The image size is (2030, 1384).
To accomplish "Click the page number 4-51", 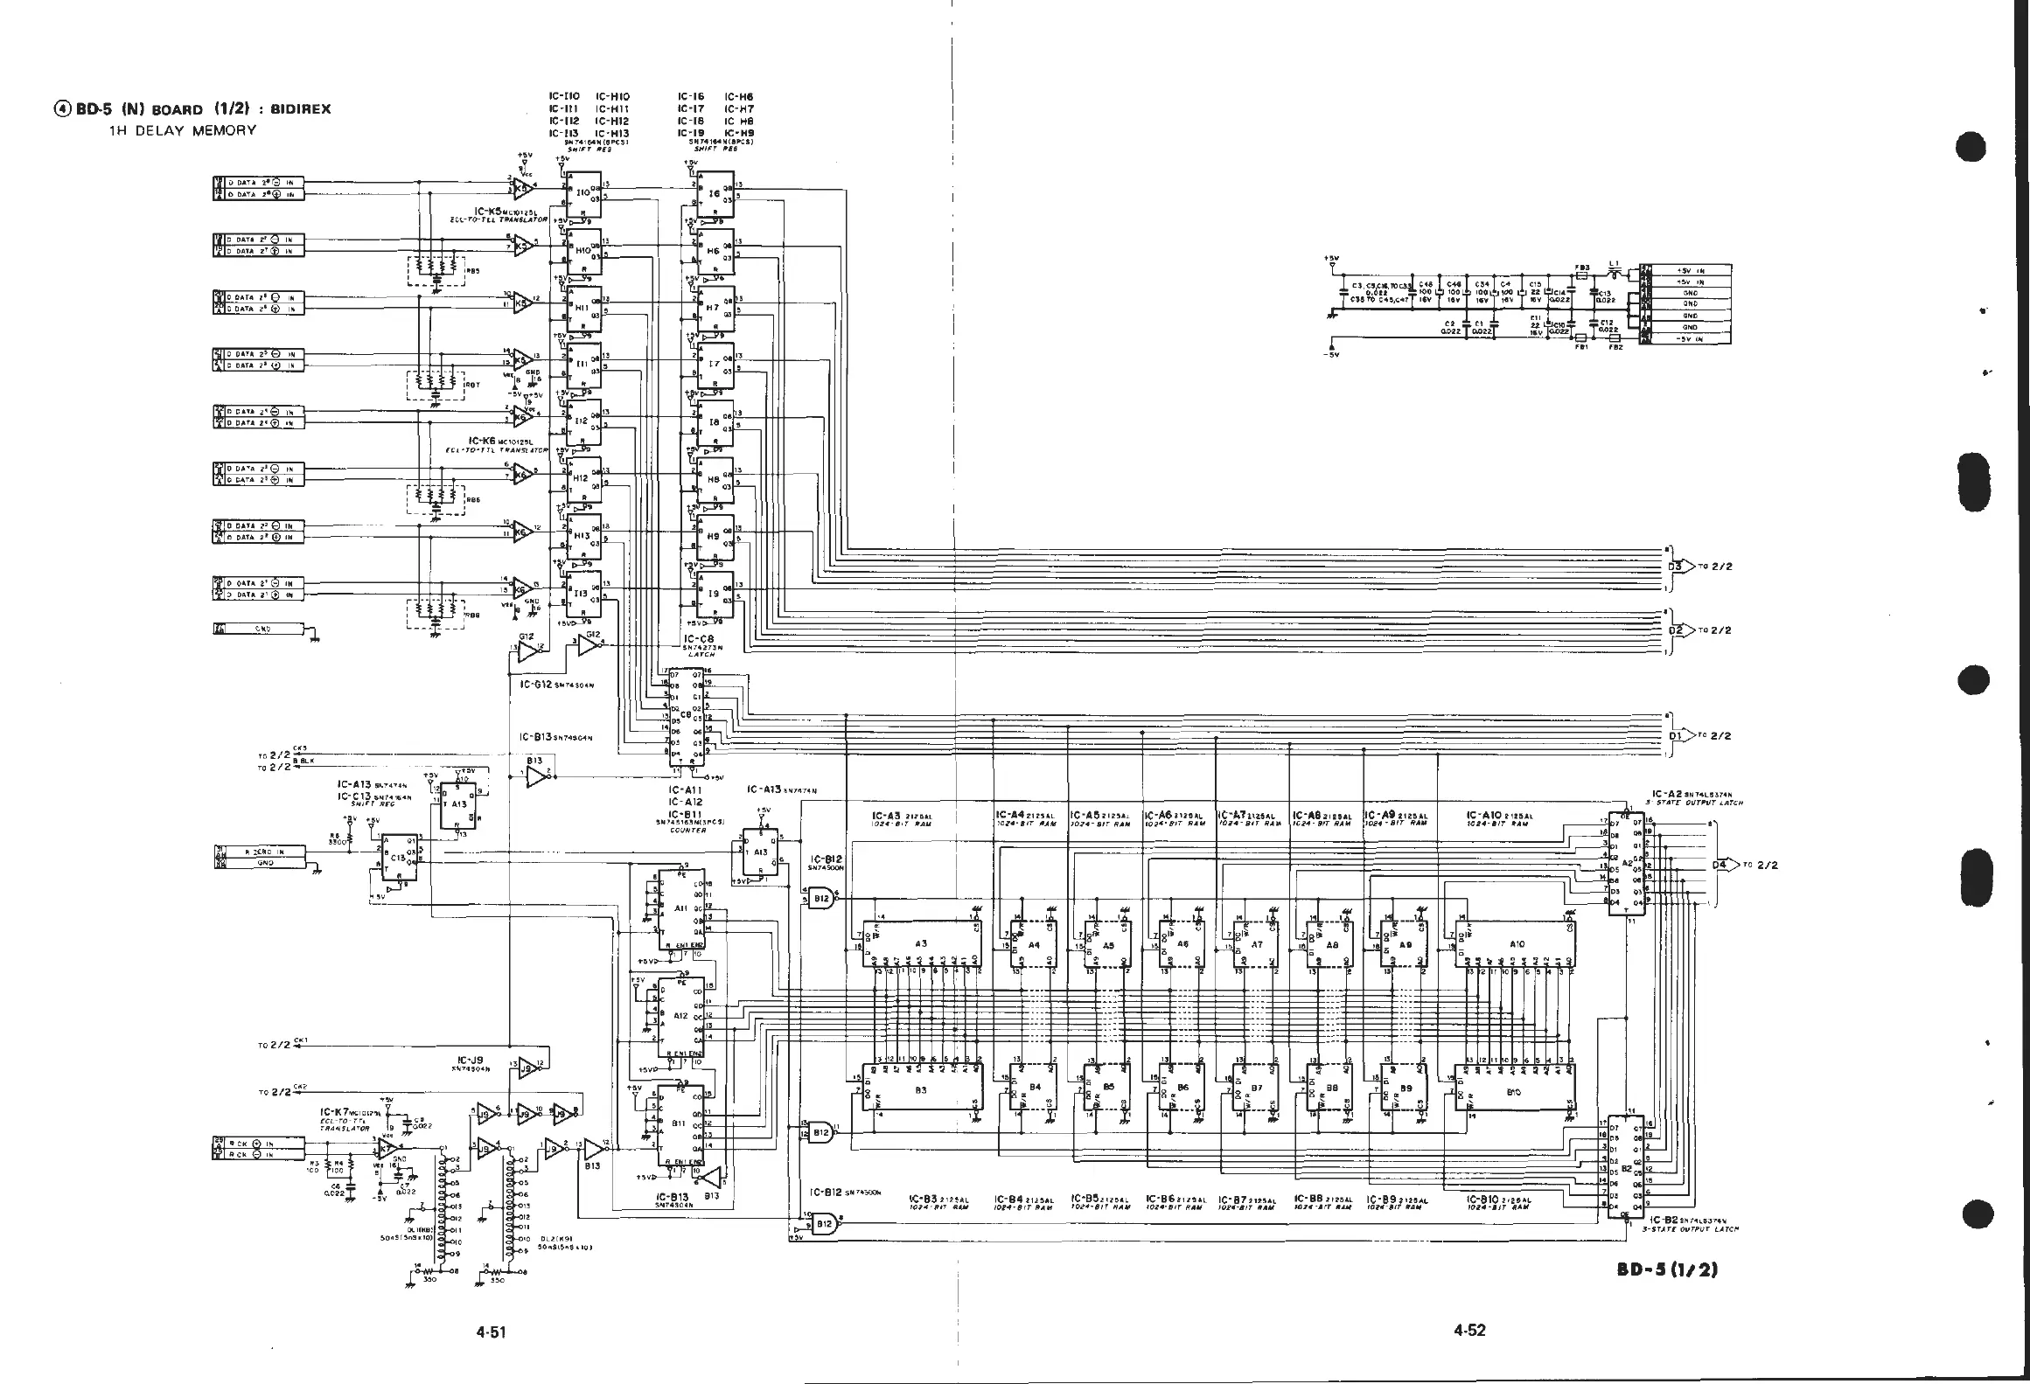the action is pos(491,1332).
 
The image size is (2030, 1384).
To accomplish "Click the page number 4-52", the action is pos(1469,1331).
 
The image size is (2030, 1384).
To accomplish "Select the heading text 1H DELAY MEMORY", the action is pos(182,130).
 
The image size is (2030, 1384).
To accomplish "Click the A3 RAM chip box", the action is pos(921,943).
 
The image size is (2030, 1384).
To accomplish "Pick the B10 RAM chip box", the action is pos(1514,1092).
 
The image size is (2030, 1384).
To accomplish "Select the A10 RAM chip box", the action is pos(1517,943).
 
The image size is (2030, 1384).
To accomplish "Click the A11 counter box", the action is pos(680,908).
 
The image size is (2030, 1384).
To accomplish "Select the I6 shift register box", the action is pos(715,193).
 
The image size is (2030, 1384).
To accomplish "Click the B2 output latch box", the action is pos(1626,1167).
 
